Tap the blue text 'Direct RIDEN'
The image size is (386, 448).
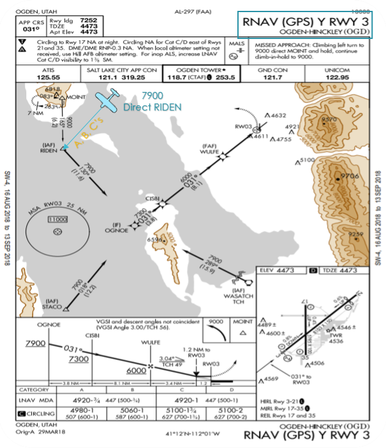152,107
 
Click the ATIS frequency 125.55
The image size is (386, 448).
48,77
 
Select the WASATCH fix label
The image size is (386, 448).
239,295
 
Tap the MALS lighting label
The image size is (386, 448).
236,45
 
